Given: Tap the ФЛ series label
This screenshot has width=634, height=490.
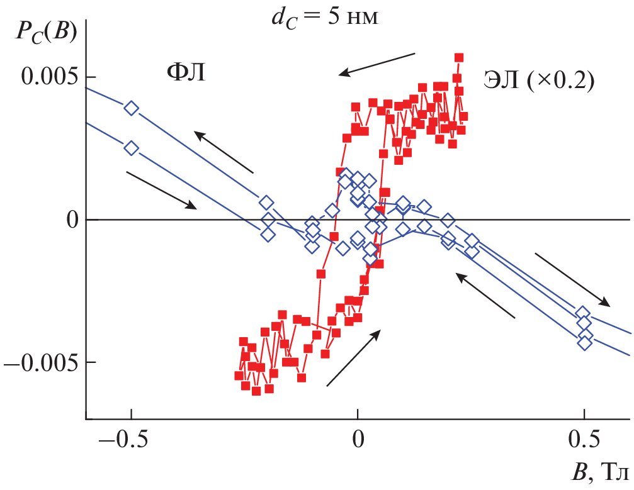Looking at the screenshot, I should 186,74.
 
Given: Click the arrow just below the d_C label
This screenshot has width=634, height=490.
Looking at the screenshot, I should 377,64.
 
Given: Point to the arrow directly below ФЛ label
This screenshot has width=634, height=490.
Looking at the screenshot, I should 224,152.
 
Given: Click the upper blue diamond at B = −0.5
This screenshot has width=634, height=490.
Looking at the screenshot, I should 131,108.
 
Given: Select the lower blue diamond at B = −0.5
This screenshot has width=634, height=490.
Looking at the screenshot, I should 131,148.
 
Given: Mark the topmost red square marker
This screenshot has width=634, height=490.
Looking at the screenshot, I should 459,57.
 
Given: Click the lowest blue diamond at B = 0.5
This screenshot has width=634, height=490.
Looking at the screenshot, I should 585,343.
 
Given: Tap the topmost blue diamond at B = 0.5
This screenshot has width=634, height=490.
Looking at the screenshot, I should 583,313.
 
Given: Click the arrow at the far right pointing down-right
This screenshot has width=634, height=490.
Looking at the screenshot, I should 572,280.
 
